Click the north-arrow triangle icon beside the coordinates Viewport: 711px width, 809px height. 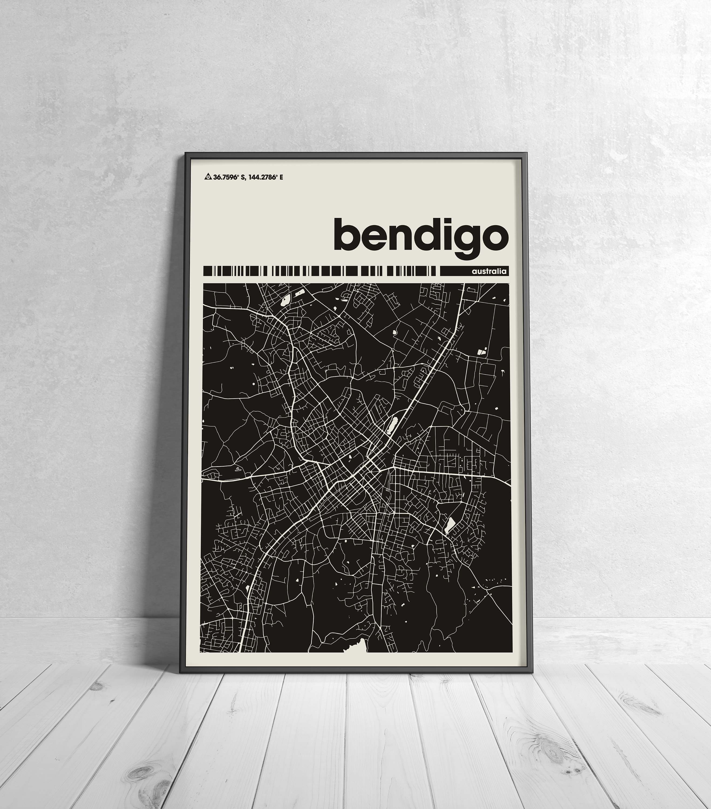tap(207, 177)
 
